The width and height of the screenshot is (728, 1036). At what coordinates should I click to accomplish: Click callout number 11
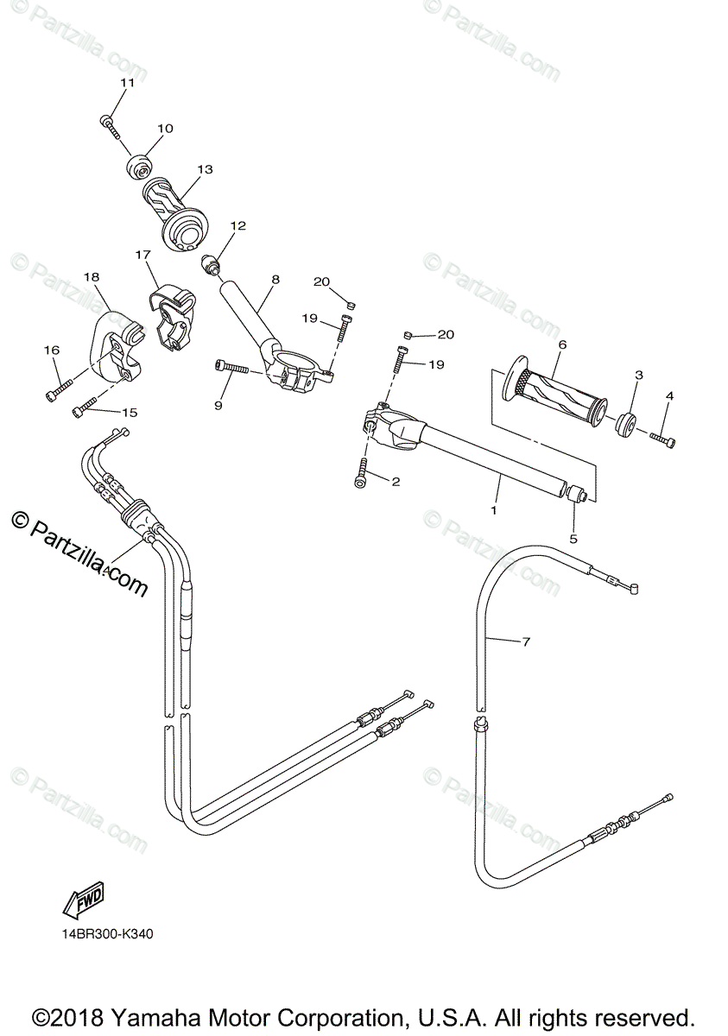(128, 83)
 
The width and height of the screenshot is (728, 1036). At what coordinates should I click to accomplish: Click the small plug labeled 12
(212, 262)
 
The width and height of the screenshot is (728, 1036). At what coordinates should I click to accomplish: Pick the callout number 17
(142, 255)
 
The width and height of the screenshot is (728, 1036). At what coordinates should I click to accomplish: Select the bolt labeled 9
(229, 369)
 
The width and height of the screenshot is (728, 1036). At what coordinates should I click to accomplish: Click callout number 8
(275, 280)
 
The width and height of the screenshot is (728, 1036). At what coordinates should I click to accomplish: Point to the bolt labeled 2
(362, 473)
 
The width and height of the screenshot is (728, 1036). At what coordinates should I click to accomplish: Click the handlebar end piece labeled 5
(576, 493)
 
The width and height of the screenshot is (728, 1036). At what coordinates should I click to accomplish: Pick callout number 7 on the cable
(526, 641)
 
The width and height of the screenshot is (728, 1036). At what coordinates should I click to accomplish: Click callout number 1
(495, 510)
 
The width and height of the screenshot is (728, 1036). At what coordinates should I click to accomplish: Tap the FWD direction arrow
(83, 903)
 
